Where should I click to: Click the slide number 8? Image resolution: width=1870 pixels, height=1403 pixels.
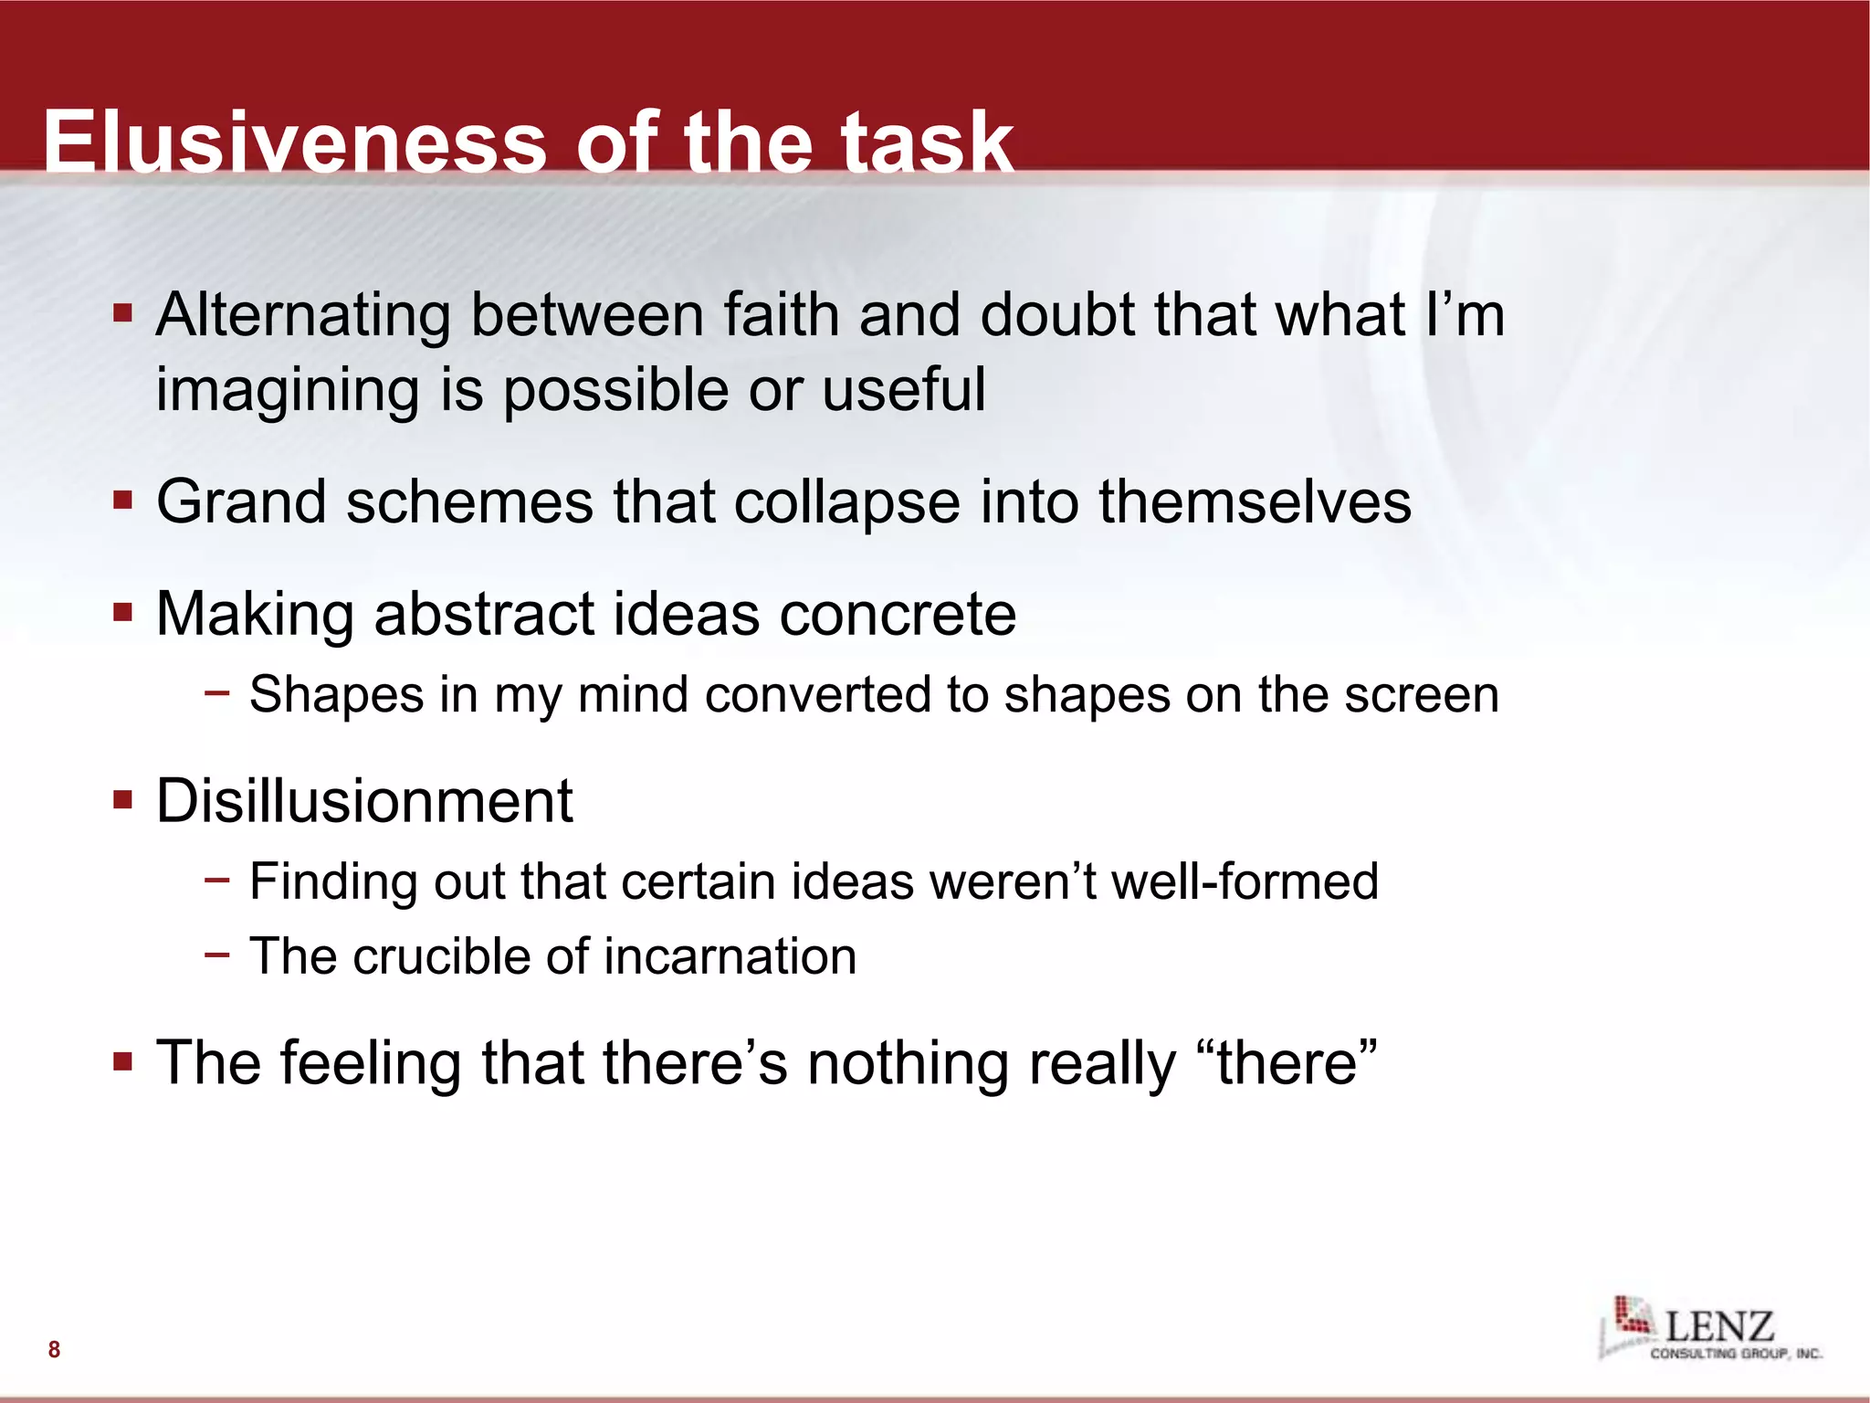click(54, 1349)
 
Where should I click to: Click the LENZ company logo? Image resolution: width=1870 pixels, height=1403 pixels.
click(1709, 1329)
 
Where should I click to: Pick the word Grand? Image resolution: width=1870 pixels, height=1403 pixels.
click(241, 502)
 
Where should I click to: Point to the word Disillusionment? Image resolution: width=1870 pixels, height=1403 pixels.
click(364, 801)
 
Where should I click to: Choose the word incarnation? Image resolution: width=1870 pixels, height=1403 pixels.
click(730, 956)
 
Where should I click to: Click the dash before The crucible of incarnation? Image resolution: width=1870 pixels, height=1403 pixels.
click(217, 955)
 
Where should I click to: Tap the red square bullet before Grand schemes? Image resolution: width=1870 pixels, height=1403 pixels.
click(123, 501)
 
